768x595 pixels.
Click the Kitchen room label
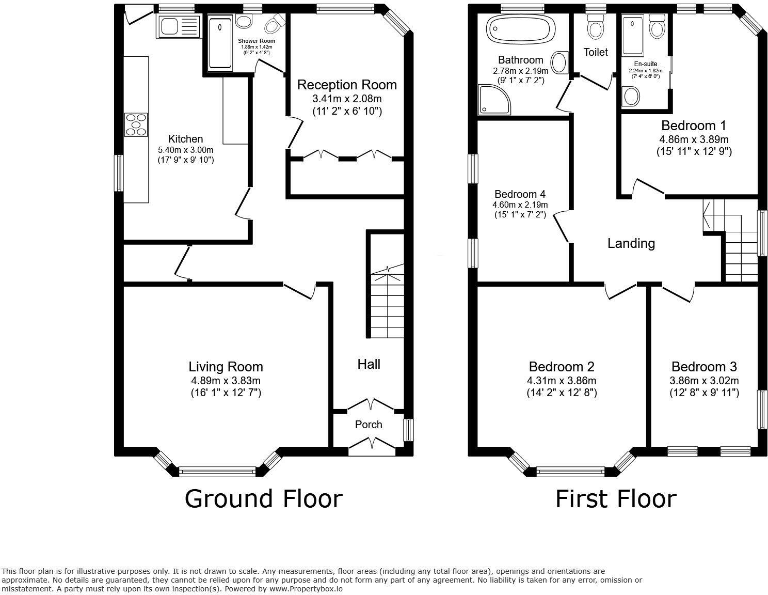point(185,139)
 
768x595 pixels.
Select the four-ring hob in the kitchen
point(136,124)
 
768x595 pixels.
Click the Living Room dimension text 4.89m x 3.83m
point(226,381)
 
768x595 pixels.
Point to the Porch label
point(369,425)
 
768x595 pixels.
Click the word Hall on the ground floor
point(369,364)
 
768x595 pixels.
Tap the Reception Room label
point(347,85)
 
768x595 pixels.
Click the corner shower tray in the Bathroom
point(494,100)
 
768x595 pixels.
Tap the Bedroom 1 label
point(694,126)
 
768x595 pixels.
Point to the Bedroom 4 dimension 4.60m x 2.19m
point(520,205)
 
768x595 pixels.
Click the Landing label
point(631,243)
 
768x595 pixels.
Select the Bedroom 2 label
point(562,367)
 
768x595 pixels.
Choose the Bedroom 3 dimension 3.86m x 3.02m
point(704,381)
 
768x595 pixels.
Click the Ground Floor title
point(263,499)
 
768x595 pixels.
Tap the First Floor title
point(615,499)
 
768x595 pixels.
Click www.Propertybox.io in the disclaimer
point(305,588)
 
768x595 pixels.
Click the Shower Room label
point(257,41)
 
